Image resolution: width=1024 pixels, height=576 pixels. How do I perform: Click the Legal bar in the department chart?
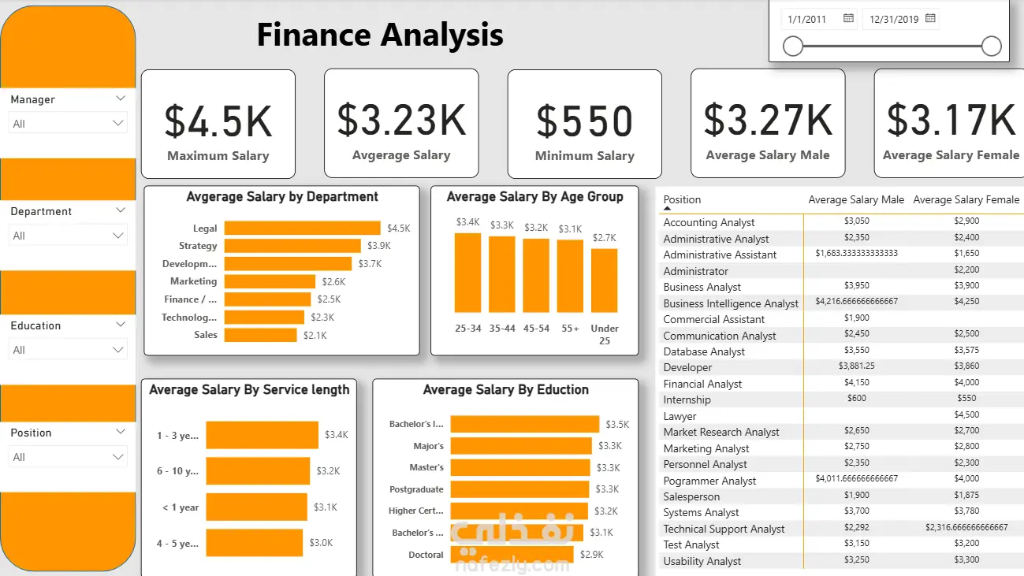click(x=302, y=228)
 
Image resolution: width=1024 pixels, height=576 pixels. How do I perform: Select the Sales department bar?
click(x=261, y=335)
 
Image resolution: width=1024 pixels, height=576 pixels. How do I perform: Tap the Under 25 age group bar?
click(x=605, y=281)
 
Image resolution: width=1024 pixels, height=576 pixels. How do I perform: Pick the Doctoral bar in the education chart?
click(x=512, y=555)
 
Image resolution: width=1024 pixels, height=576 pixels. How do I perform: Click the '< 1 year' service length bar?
click(x=256, y=507)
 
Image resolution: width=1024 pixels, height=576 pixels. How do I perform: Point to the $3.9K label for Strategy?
click(x=379, y=246)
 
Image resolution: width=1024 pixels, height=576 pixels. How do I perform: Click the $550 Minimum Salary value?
click(x=585, y=121)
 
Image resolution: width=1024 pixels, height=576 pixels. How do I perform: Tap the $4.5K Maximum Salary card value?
click(x=218, y=121)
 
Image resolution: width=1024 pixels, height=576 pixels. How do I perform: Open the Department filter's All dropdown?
click(x=68, y=236)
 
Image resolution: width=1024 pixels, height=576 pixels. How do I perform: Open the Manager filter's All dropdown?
click(x=68, y=124)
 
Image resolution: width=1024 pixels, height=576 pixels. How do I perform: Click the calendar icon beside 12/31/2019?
click(x=930, y=19)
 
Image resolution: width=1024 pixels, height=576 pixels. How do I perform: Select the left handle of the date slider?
click(x=793, y=46)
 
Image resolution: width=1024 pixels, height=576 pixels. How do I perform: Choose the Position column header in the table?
click(x=682, y=199)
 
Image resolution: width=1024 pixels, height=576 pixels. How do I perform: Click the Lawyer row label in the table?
click(x=680, y=416)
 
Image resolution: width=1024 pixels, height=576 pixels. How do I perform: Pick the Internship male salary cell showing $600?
click(x=856, y=398)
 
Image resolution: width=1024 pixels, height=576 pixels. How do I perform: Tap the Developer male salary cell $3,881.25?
click(x=856, y=366)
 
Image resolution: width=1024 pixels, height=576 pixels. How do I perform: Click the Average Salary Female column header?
click(x=966, y=199)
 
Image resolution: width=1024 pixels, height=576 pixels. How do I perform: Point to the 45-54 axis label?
click(x=536, y=329)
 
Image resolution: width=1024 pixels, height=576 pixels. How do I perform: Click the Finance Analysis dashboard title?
click(x=380, y=35)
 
